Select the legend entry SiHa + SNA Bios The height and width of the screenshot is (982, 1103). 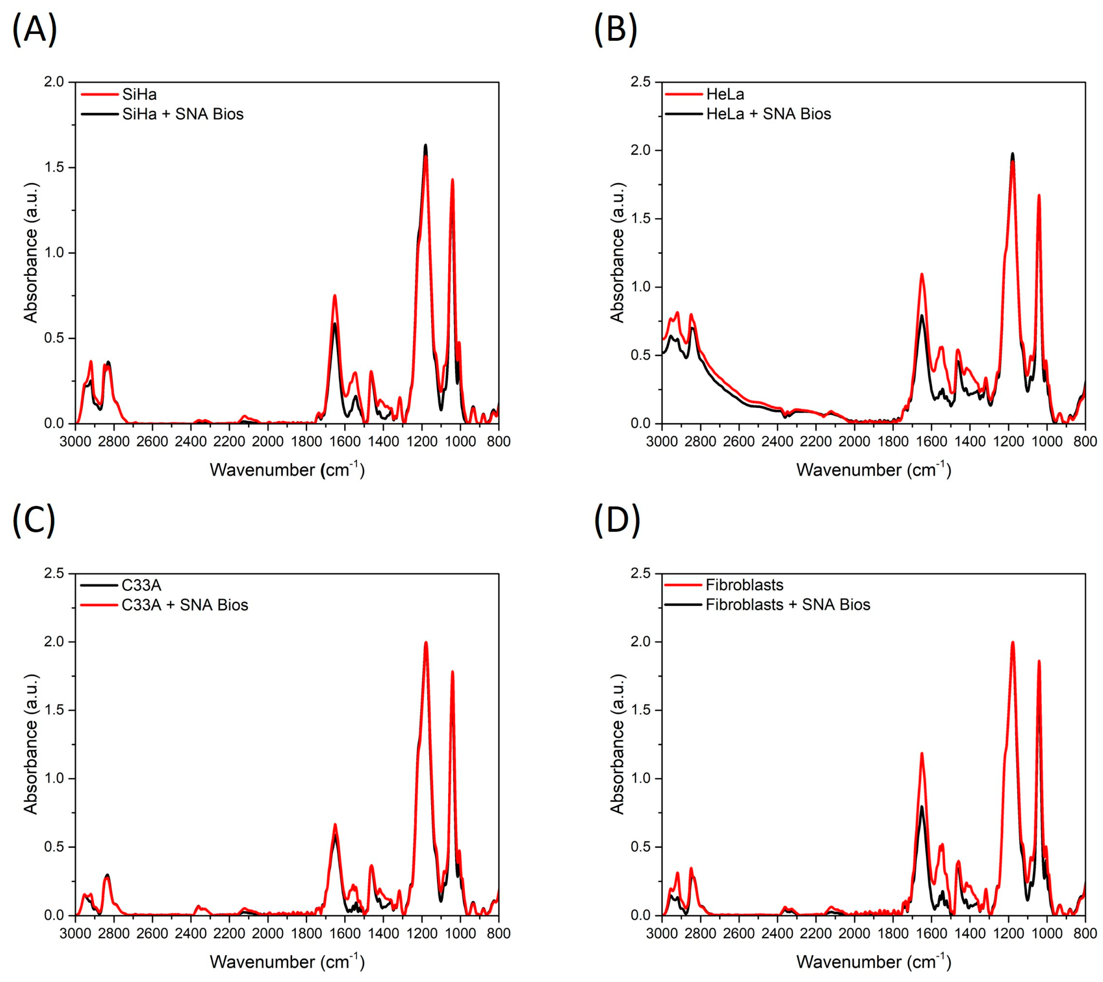pyautogui.click(x=182, y=114)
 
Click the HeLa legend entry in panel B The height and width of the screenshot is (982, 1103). pyautogui.click(x=725, y=94)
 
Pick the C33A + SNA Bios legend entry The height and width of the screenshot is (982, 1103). pyautogui.click(x=185, y=605)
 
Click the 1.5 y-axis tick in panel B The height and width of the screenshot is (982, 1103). pyautogui.click(x=641, y=219)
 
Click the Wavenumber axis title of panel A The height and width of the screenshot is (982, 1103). pyautogui.click(x=287, y=469)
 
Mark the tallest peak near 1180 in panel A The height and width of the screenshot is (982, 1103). pyautogui.click(x=426, y=146)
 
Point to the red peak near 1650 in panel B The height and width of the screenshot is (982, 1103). pyautogui.click(x=922, y=275)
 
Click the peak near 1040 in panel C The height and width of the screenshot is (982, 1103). pyautogui.click(x=452, y=672)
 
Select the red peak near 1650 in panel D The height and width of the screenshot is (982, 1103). pyautogui.click(x=922, y=754)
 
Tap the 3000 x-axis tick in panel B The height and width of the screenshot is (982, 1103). pyautogui.click(x=661, y=442)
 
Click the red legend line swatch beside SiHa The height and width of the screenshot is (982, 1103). pyautogui.click(x=99, y=94)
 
